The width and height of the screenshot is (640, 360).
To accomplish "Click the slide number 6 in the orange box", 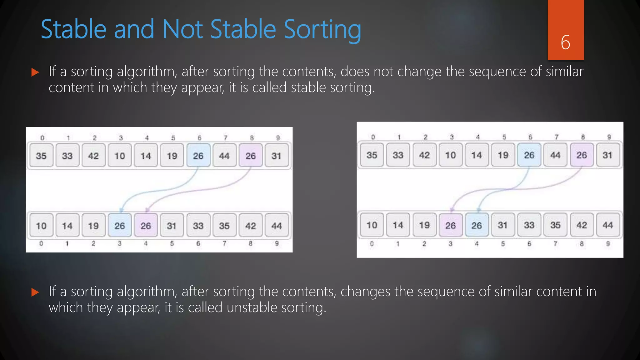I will click(565, 42).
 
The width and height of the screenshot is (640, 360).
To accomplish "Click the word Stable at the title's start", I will click(74, 29).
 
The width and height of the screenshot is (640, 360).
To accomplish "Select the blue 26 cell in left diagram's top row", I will click(198, 156).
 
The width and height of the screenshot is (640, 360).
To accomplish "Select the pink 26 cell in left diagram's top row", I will click(250, 156).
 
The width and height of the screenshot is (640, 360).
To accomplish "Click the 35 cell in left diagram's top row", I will click(41, 156).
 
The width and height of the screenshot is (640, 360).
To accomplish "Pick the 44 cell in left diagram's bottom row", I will click(276, 226).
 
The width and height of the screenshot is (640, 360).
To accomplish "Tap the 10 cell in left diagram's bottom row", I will click(41, 226).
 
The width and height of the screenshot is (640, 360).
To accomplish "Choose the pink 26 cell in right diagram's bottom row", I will click(450, 225).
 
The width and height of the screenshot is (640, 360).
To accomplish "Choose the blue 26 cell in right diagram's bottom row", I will click(477, 225).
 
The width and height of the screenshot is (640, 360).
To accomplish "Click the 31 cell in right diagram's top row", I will click(607, 155).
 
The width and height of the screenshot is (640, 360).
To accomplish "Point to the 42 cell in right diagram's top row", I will click(424, 155).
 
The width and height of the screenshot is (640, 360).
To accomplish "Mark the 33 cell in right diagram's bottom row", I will click(529, 225).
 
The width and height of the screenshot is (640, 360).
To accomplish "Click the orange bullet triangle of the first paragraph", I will click(35, 73).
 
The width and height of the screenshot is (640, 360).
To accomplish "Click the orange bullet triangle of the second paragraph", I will click(35, 292).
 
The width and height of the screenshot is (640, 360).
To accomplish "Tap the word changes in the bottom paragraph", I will click(365, 292).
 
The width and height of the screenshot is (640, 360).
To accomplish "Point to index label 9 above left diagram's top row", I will click(278, 138).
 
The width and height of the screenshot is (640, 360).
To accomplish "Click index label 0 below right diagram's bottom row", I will click(372, 243).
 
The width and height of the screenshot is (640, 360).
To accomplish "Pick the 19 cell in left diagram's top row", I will click(172, 156).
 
